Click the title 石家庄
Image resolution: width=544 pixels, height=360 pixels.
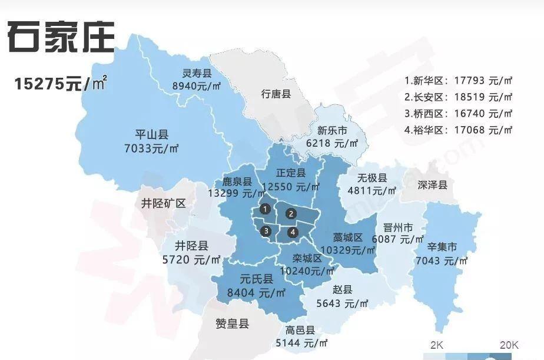pos(61,37)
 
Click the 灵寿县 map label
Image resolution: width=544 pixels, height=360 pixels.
pos(197,74)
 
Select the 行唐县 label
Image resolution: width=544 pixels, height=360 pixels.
pos(276,94)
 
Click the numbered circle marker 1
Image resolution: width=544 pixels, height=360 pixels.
pos(266,209)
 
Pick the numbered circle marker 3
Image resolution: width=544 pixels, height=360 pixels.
pos(267,230)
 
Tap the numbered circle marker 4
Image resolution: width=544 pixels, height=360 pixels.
pos(293,232)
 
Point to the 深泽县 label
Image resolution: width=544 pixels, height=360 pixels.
pos(433,184)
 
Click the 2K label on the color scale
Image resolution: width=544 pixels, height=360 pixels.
pos(436,344)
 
